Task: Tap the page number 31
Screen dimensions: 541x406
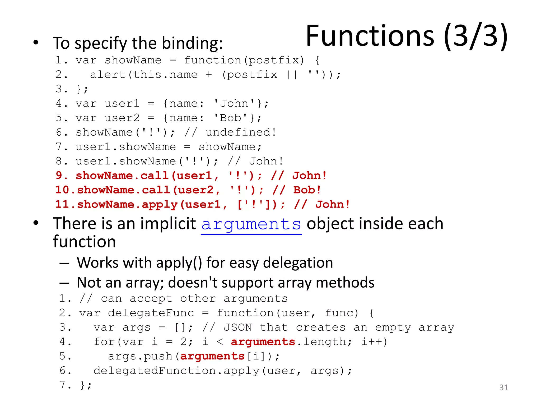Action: pyautogui.click(x=503, y=387)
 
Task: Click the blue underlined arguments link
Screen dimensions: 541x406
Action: pyautogui.click(x=251, y=225)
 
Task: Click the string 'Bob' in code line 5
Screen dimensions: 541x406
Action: pyautogui.click(x=231, y=118)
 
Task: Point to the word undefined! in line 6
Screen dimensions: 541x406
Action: pyautogui.click(x=241, y=132)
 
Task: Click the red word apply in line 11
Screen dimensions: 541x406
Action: pyautogui.click(x=160, y=205)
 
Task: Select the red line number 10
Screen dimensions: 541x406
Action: pyautogui.click(x=62, y=190)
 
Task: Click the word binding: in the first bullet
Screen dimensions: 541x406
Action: pyautogui.click(x=192, y=43)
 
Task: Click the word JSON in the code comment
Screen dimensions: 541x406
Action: pyautogui.click(x=238, y=327)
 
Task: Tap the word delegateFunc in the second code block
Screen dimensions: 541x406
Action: pyautogui.click(x=151, y=313)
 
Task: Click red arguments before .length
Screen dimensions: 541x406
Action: pyautogui.click(x=263, y=342)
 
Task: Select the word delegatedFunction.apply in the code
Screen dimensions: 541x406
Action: pyautogui.click(x=176, y=371)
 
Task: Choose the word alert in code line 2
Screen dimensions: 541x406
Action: pyautogui.click(x=108, y=75)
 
